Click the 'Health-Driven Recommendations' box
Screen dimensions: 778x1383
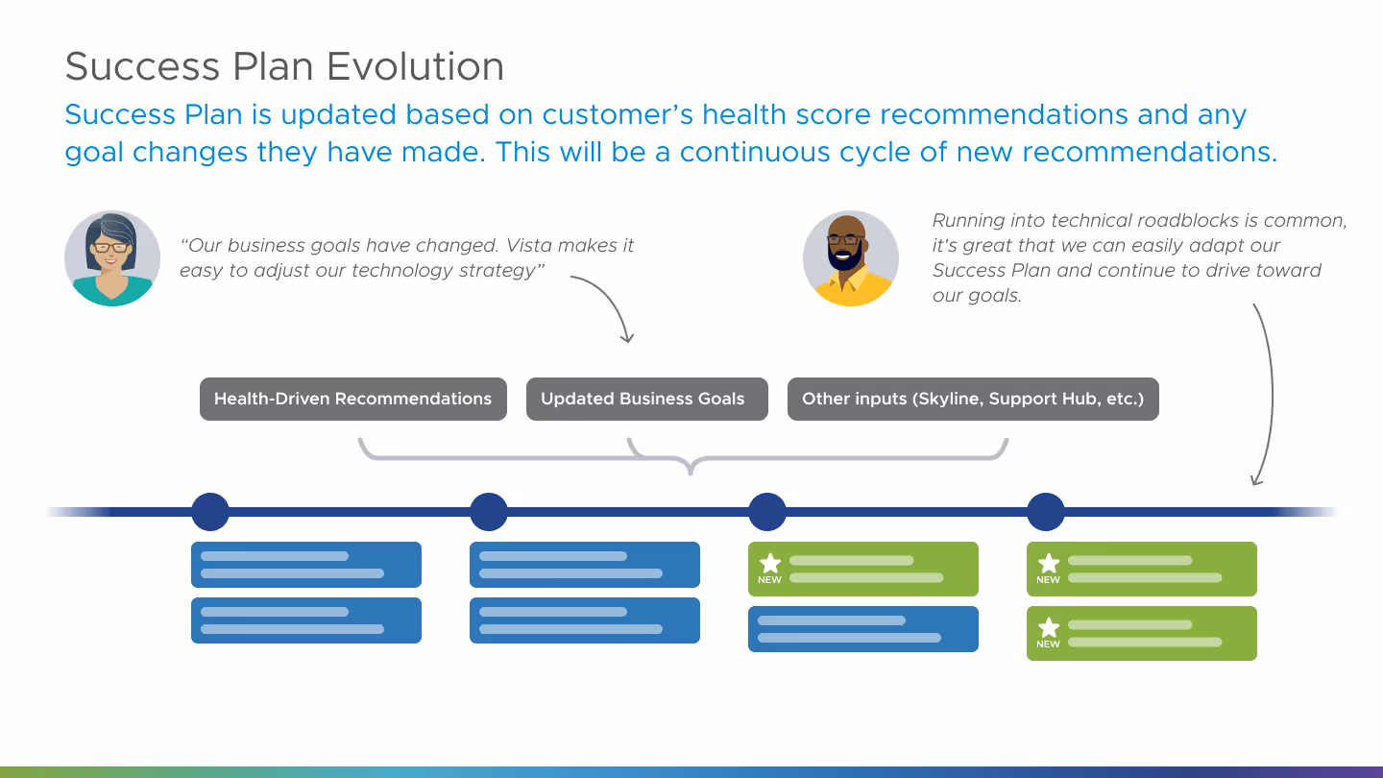(x=352, y=399)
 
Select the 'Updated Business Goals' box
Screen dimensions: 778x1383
(x=646, y=399)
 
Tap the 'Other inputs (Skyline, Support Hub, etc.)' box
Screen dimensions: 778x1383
(x=973, y=399)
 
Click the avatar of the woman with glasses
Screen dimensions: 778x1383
(x=112, y=258)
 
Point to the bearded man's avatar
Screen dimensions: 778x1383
(x=850, y=258)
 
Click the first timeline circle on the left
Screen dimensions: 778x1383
(x=210, y=512)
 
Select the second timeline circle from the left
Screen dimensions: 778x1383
(x=489, y=512)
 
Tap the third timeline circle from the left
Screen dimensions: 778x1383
(x=767, y=512)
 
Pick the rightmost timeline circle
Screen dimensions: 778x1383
(x=1046, y=512)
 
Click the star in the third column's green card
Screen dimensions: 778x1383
(x=770, y=563)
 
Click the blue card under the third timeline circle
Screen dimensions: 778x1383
(x=862, y=629)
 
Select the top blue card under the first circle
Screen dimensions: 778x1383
(x=305, y=565)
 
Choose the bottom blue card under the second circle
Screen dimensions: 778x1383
(x=584, y=620)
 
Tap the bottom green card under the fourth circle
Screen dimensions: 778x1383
(x=1141, y=633)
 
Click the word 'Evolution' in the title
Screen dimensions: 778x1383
(x=415, y=66)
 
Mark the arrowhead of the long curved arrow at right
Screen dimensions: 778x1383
(x=1255, y=479)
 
